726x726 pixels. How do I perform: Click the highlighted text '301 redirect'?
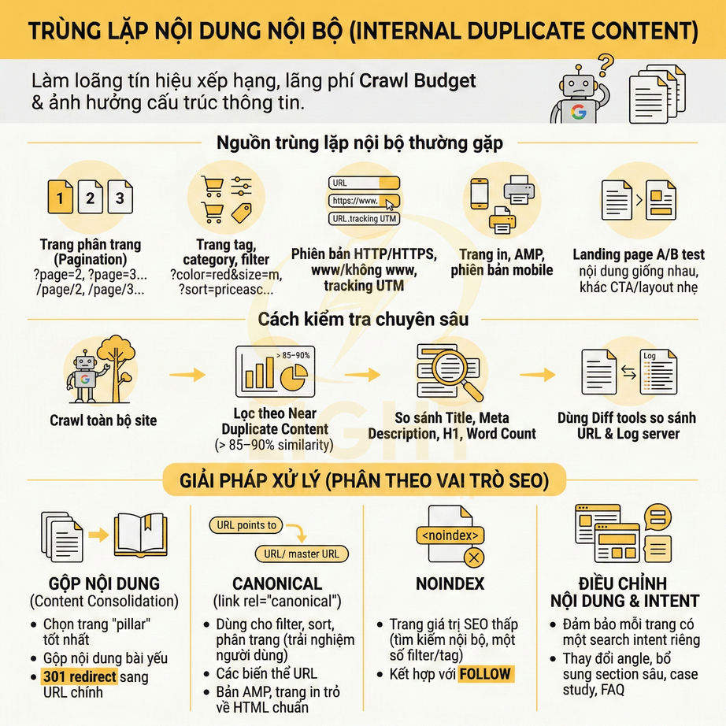[x=79, y=676]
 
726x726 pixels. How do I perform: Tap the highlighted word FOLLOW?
[x=485, y=674]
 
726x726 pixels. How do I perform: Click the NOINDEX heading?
[x=450, y=583]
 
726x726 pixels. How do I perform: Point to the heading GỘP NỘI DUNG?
[x=94, y=583]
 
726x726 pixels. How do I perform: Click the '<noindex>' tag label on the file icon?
[x=450, y=535]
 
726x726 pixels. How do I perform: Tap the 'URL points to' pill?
[x=246, y=525]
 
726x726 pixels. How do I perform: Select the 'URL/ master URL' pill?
[x=302, y=554]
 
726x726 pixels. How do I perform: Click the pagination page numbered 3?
[x=120, y=198]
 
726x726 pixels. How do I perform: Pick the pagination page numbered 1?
[x=61, y=198]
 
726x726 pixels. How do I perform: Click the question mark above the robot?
[x=606, y=61]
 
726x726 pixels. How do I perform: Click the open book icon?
[x=140, y=534]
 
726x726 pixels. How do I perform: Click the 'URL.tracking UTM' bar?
[x=364, y=219]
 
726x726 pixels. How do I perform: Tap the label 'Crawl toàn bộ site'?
[x=103, y=420]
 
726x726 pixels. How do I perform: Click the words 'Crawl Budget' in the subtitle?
[x=418, y=80]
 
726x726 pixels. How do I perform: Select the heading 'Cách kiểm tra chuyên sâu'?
[x=363, y=319]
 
